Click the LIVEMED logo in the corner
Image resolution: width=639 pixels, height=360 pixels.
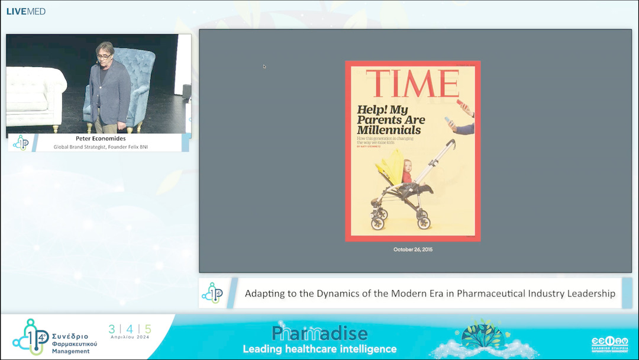pyautogui.click(x=26, y=11)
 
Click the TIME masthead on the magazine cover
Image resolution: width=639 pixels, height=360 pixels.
pyautogui.click(x=412, y=83)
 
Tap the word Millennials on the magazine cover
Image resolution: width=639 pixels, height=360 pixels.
pyautogui.click(x=389, y=130)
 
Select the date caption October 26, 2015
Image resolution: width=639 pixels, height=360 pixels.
pyautogui.click(x=413, y=250)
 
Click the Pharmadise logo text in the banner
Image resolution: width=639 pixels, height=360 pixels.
pyautogui.click(x=319, y=333)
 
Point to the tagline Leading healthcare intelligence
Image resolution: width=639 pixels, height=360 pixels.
pyautogui.click(x=319, y=349)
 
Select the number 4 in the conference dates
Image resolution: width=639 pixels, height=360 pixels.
pyautogui.click(x=130, y=329)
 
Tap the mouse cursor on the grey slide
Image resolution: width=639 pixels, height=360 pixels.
pyautogui.click(x=264, y=66)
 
